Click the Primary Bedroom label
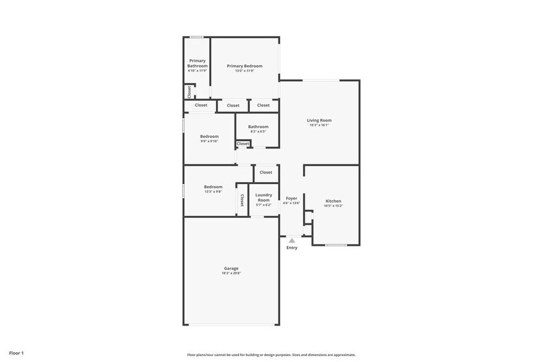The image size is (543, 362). click(x=244, y=66)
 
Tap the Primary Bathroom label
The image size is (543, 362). click(x=197, y=63)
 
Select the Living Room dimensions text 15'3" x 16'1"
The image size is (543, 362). click(x=320, y=125)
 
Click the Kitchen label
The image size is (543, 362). click(x=333, y=201)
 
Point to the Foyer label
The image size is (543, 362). click(x=291, y=198)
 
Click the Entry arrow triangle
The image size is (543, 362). click(x=292, y=241)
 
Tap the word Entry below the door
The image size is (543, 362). click(x=292, y=247)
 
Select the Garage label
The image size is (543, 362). click(x=231, y=268)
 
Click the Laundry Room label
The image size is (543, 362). click(x=263, y=198)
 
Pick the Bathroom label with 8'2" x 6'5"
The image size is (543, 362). click(x=258, y=127)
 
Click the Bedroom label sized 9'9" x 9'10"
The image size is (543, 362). click(x=209, y=137)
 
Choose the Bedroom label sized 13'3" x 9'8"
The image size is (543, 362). click(x=213, y=187)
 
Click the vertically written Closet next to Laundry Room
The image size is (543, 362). click(x=242, y=199)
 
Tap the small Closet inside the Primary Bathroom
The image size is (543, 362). click(x=189, y=92)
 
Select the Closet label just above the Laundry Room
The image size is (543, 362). click(x=266, y=172)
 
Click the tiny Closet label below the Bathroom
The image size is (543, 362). click(x=243, y=144)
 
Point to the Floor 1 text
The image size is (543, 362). click(x=17, y=353)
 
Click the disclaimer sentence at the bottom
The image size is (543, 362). click(x=271, y=355)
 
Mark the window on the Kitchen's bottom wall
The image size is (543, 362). click(x=336, y=245)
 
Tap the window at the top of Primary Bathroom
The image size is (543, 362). click(x=197, y=38)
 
